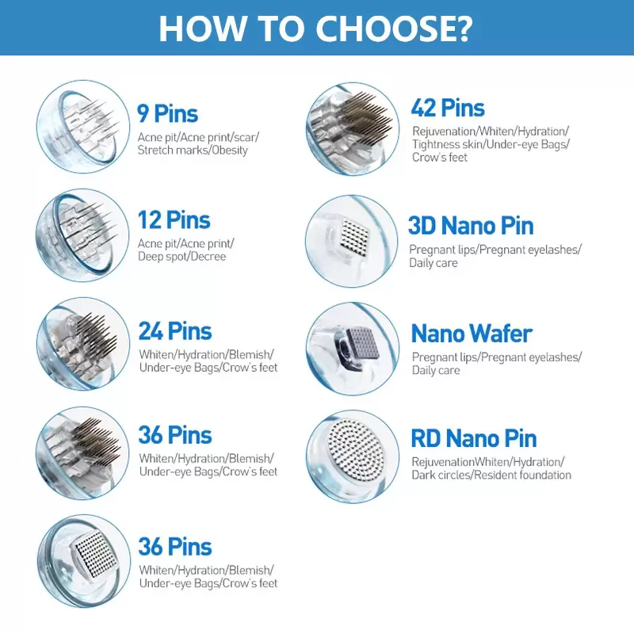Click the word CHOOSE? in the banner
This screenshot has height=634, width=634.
pyautogui.click(x=393, y=29)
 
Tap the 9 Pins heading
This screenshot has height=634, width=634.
pyautogui.click(x=168, y=113)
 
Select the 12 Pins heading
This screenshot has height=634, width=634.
pyautogui.click(x=174, y=220)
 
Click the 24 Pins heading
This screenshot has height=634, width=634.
pyautogui.click(x=175, y=331)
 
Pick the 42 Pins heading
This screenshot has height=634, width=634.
pyautogui.click(x=448, y=109)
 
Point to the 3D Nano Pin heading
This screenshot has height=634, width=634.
pyautogui.click(x=471, y=226)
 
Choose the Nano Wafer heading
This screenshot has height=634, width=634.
pyautogui.click(x=472, y=334)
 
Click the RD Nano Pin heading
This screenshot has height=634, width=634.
pyautogui.click(x=474, y=439)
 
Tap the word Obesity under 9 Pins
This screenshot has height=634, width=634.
pyautogui.click(x=230, y=151)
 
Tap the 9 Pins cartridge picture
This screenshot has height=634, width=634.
pyautogui.click(x=83, y=127)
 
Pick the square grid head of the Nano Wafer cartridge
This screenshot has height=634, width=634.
pyautogui.click(x=363, y=342)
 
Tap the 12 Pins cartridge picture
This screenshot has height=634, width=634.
pyautogui.click(x=82, y=235)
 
